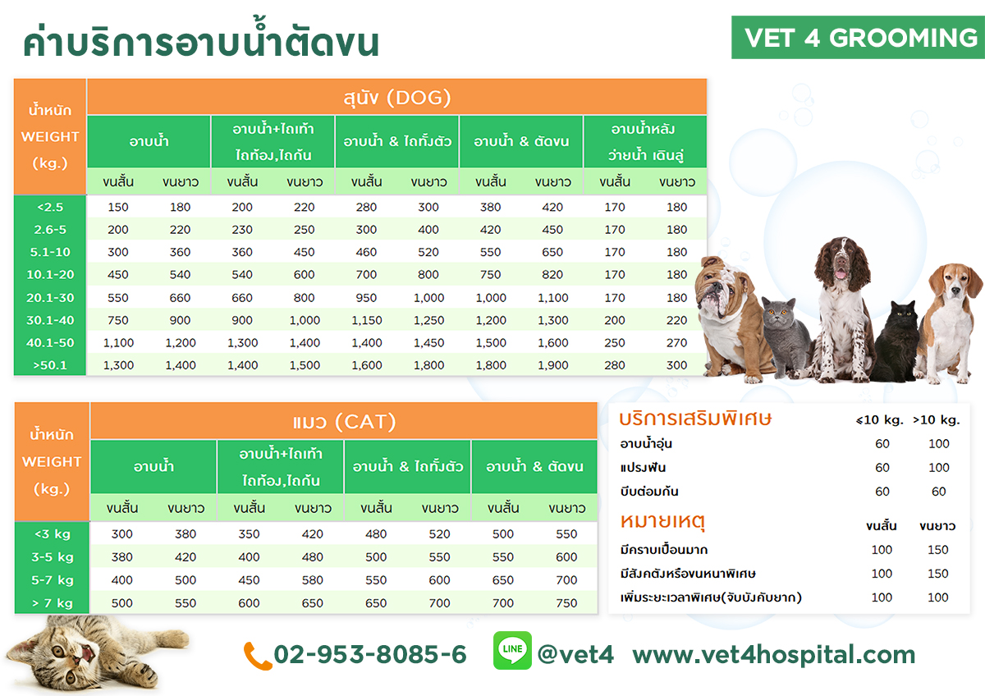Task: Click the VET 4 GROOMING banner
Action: [858, 38]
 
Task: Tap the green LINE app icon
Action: [512, 650]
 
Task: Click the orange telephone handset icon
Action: [257, 656]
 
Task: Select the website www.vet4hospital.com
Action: [774, 655]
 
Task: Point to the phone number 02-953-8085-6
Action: [370, 654]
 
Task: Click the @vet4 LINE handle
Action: [575, 654]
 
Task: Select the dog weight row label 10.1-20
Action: [50, 274]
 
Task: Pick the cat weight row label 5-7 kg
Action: [53, 580]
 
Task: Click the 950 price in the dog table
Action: [366, 298]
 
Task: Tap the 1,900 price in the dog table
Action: [552, 365]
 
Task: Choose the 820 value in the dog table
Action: [552, 274]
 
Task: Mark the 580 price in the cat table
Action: [312, 580]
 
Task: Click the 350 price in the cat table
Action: [249, 533]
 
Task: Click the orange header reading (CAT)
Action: [365, 422]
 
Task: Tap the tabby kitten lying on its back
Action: [88, 651]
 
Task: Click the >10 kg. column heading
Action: [937, 420]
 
